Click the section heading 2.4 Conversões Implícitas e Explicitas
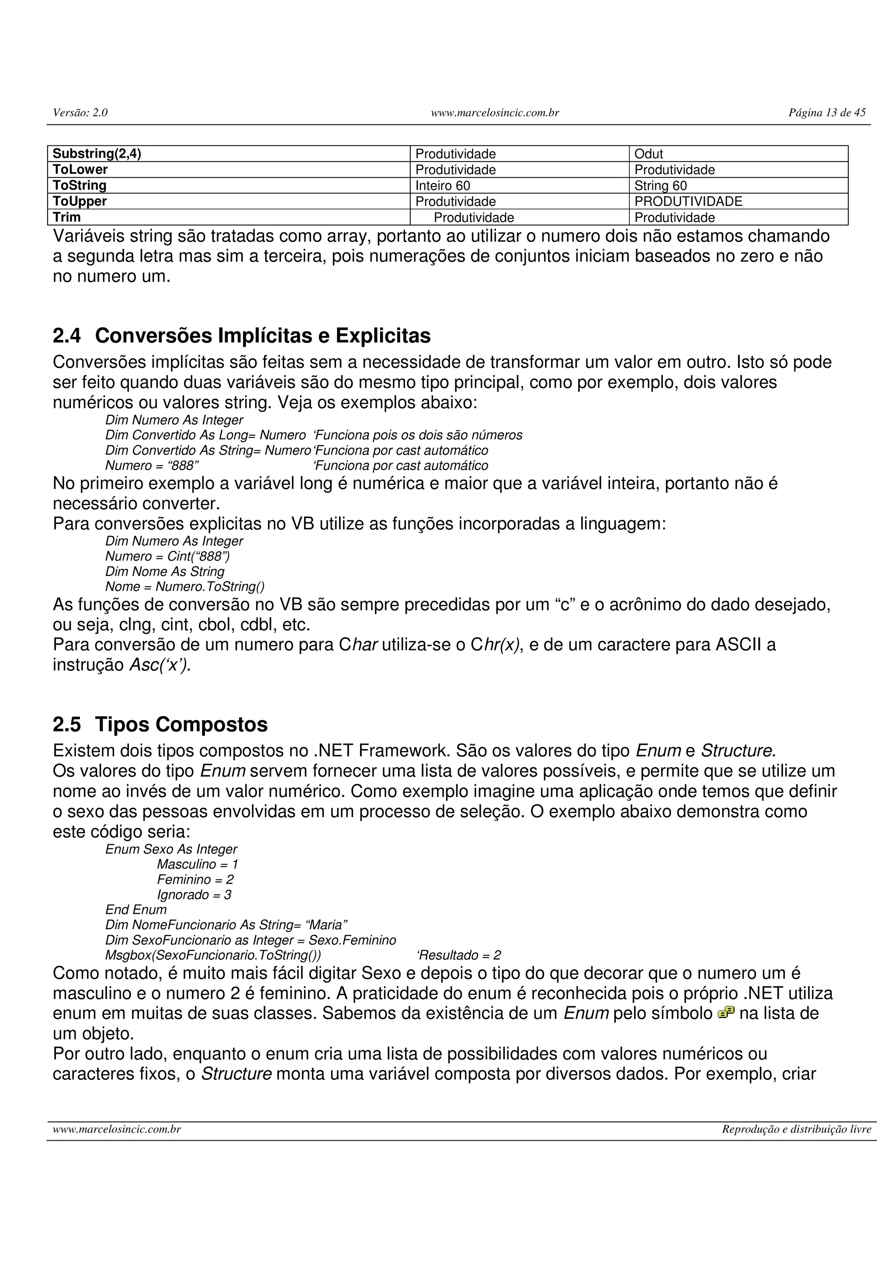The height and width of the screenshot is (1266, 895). tap(242, 336)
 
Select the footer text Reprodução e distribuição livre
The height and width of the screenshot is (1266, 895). tap(796, 1129)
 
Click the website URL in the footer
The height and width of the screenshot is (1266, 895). tap(117, 1129)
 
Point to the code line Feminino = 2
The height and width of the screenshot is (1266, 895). tap(195, 879)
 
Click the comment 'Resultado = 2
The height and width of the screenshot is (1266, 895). tap(458, 955)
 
